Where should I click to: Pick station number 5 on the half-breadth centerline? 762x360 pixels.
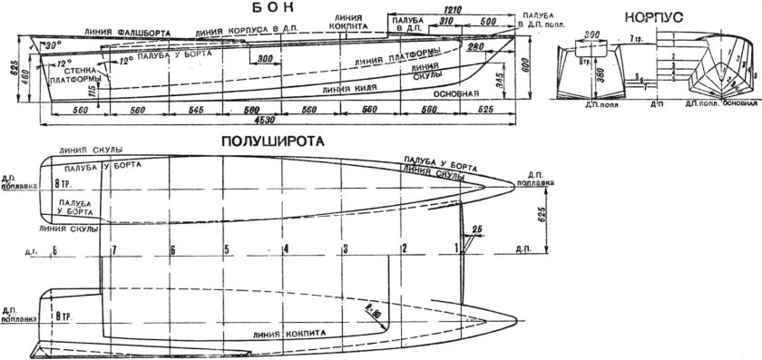[226, 248]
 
